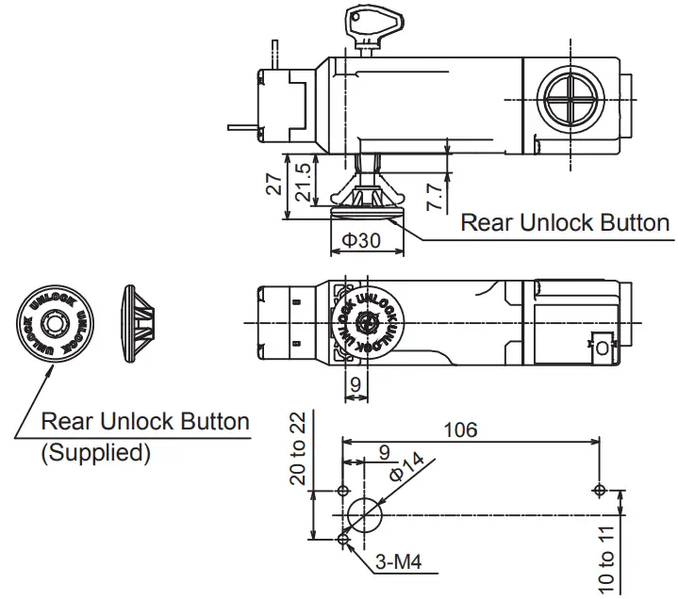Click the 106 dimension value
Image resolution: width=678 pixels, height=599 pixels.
pos(459,429)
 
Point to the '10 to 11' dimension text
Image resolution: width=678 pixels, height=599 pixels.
pos(607,558)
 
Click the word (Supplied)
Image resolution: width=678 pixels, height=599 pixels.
pos(95,452)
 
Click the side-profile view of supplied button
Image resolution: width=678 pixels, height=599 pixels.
pos(141,322)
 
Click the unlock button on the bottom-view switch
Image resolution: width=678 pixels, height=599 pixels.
pos(368,321)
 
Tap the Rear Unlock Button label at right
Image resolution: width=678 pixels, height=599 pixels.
pos(565,222)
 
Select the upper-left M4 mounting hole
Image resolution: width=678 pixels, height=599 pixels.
pos(342,491)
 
